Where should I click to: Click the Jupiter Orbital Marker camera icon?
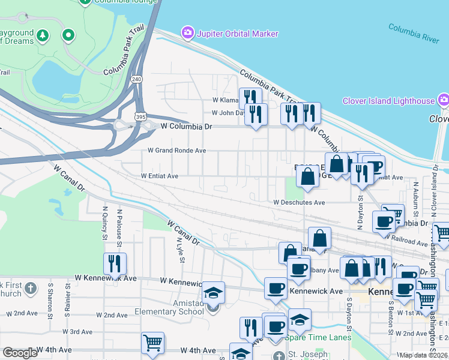tap(188, 33)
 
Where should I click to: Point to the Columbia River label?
tap(414, 33)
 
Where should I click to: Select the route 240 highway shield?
tap(136, 79)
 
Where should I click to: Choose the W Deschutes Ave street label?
tap(299, 203)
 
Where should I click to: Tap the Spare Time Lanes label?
tap(319, 337)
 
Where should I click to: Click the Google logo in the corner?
tap(20, 353)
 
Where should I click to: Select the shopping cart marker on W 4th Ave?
tap(152, 343)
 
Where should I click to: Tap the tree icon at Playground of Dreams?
tap(43, 35)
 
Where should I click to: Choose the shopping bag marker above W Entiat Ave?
tap(307, 176)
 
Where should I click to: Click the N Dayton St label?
tap(360, 213)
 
